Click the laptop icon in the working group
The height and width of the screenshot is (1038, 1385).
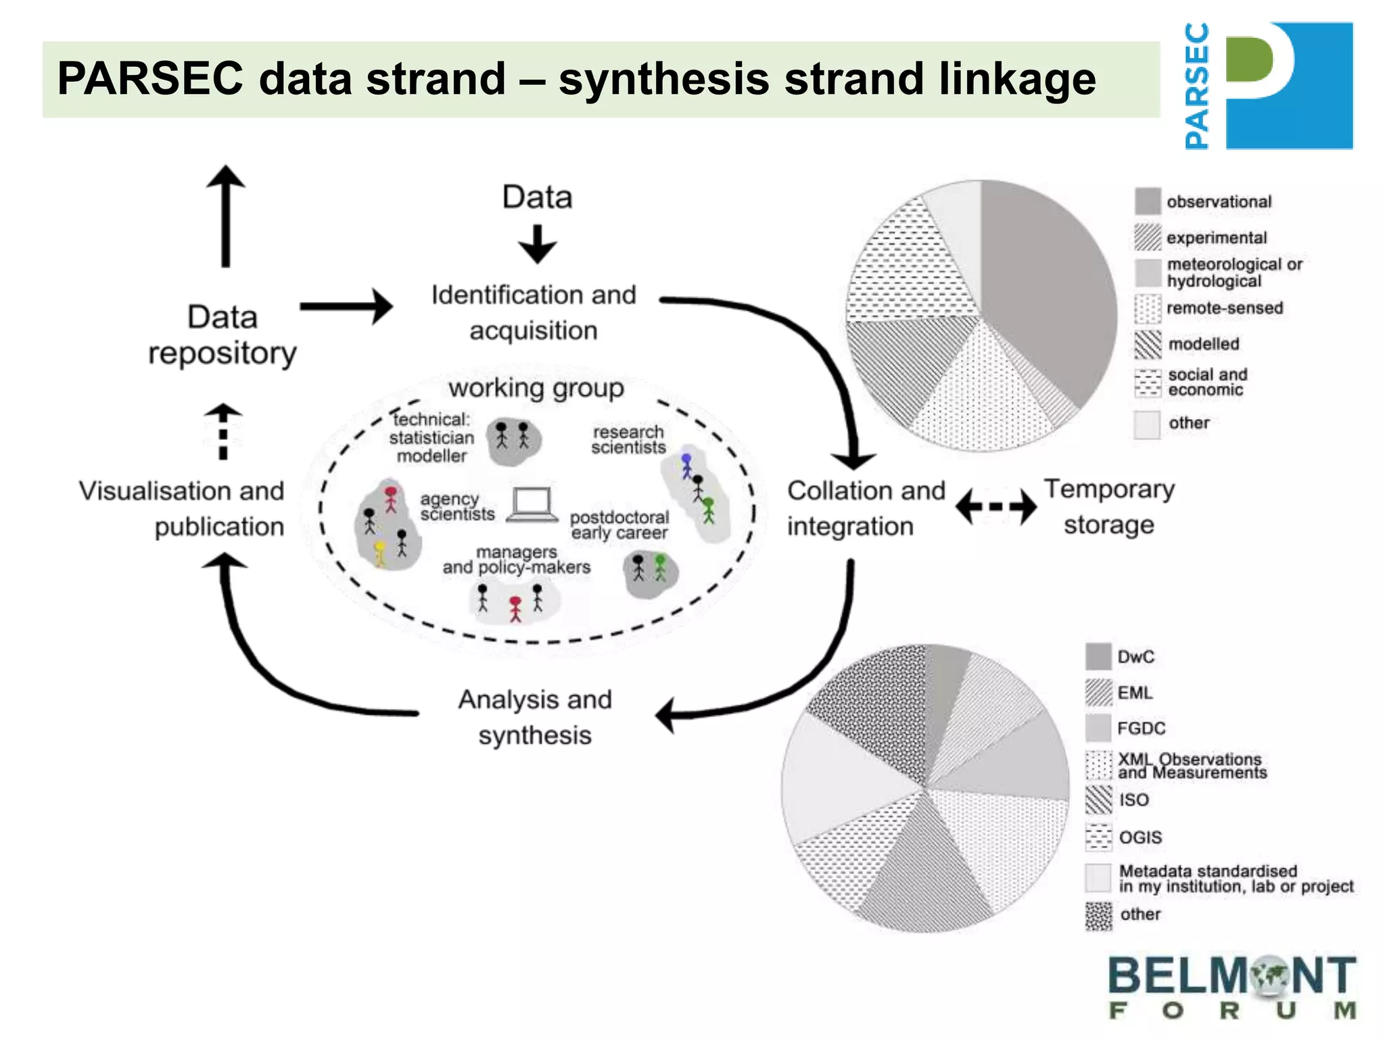pos(532,505)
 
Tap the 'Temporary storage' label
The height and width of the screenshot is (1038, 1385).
pos(1109,507)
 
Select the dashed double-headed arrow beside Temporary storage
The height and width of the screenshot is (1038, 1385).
pos(995,506)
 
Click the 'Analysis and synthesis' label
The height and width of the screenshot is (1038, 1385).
pos(535,717)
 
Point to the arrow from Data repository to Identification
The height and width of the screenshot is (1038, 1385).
pos(346,307)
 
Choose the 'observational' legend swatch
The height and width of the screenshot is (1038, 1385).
pos(1148,201)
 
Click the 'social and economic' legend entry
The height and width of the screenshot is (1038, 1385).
pos(1207,382)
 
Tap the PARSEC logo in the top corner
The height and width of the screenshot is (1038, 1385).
pos(1268,86)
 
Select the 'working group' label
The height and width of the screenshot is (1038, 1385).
pos(536,389)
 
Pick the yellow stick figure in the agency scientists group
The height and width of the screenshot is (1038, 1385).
pos(380,553)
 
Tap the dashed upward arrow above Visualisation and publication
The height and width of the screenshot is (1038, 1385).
pos(223,432)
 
